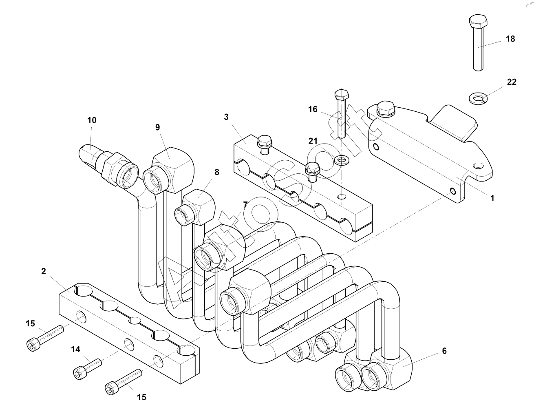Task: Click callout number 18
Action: tap(510, 39)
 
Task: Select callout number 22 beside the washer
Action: tap(512, 82)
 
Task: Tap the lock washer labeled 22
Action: tap(478, 98)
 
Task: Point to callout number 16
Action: tap(313, 109)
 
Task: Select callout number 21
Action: tap(313, 141)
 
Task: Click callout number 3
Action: tap(226, 117)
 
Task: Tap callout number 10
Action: tap(92, 120)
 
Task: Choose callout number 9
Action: tap(157, 127)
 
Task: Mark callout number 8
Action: tap(217, 173)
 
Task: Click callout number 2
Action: tap(44, 271)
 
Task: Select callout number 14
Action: tap(76, 349)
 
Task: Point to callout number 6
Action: tap(444, 351)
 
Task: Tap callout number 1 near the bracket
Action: tap(492, 198)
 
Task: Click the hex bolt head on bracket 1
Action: tap(385, 108)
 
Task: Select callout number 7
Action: tap(245, 204)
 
